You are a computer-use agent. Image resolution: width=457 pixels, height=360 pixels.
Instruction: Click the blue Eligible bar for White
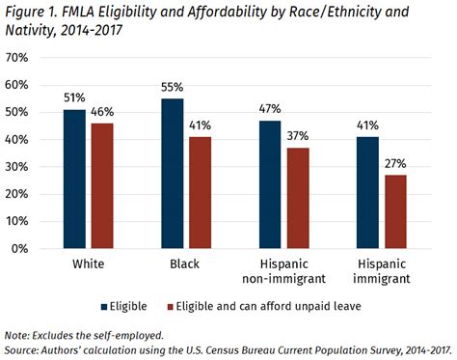[74, 180]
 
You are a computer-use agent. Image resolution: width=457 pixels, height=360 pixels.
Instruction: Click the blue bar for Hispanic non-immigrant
[271, 184]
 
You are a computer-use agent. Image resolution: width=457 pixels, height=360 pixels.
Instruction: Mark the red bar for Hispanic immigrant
[394, 211]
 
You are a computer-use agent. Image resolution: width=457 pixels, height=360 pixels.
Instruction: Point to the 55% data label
[173, 87]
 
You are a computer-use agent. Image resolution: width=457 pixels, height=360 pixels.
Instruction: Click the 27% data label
[394, 163]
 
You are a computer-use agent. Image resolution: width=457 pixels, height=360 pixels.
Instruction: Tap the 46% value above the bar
[101, 112]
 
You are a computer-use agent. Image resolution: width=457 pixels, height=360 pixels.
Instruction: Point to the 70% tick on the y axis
[18, 58]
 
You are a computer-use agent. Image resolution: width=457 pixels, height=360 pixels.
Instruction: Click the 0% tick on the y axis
[22, 249]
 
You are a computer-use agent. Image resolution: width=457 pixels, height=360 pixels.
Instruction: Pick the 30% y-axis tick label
[18, 167]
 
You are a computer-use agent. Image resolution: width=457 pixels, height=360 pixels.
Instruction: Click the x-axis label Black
[185, 263]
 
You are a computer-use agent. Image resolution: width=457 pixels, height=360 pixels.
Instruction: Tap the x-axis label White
[87, 263]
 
